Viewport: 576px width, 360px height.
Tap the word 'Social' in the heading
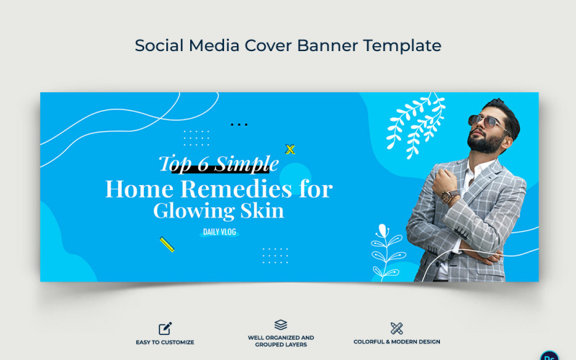pos(158,45)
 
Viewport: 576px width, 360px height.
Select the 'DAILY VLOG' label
pos(219,232)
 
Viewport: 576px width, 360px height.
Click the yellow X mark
pos(290,150)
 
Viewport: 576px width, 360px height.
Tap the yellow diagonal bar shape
pos(167,244)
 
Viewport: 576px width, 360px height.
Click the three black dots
pos(238,125)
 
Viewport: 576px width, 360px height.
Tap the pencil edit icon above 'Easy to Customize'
pos(166,328)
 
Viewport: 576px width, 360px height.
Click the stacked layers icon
pos(281,325)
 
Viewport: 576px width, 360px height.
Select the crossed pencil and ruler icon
pos(396,328)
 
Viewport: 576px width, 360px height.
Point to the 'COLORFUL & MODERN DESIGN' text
pos(397,342)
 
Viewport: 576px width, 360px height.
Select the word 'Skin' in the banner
pos(261,211)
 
